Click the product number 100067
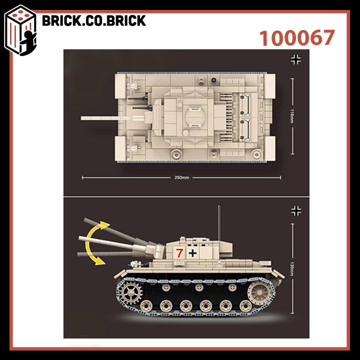click(x=296, y=38)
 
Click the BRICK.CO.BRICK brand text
click(x=94, y=20)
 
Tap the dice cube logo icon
click(x=20, y=30)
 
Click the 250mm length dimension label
click(x=181, y=177)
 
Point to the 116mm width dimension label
click(x=292, y=116)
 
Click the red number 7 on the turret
click(x=179, y=253)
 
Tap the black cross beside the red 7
click(x=192, y=253)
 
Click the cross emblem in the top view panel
click(x=296, y=59)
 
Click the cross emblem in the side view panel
click(x=296, y=211)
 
